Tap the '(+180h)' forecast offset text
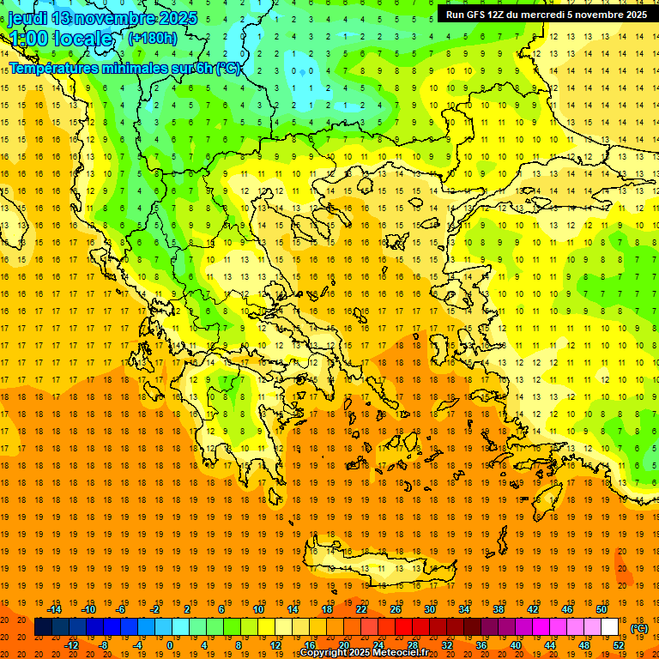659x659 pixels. coord(153,38)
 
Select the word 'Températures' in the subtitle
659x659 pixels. coord(51,67)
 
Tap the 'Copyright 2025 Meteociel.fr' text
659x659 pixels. coord(364,653)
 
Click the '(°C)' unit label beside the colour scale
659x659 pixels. coord(639,628)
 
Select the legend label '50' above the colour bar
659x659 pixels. coord(602,609)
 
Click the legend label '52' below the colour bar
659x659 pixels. coord(619,645)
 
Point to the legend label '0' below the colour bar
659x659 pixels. coord(170,645)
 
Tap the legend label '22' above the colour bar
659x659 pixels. coord(361,609)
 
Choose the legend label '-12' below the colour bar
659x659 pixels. coord(71,645)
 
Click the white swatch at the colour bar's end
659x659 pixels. coord(610,627)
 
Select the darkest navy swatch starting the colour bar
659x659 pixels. coord(43,627)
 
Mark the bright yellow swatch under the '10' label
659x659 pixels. coord(258,627)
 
